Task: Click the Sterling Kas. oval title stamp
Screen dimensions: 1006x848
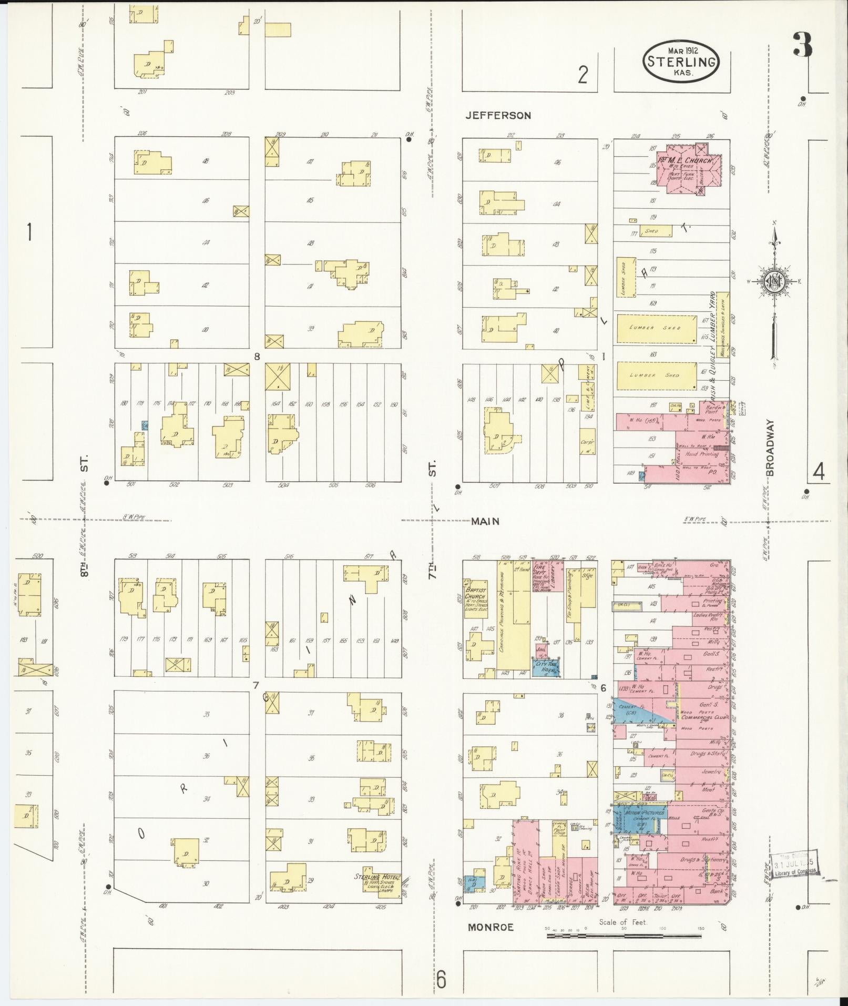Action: coord(680,62)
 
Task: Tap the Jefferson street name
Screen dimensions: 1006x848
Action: coord(498,116)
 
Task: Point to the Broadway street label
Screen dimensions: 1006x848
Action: coord(771,448)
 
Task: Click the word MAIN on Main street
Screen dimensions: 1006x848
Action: coord(484,521)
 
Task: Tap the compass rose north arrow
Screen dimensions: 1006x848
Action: coord(774,284)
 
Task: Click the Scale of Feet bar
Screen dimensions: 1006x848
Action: coord(625,936)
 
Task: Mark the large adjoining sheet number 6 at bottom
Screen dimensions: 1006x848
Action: coord(441,980)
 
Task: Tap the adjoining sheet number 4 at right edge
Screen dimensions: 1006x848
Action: coord(818,473)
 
